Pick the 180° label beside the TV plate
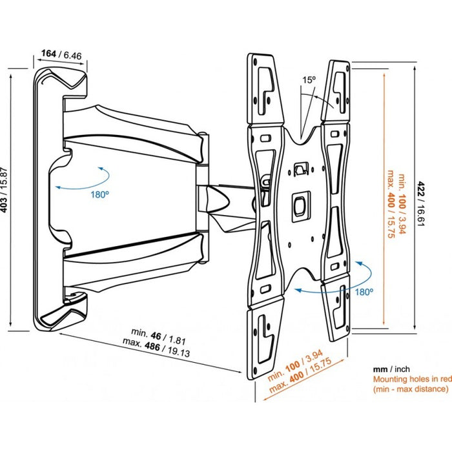pos(364,292)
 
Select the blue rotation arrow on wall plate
pos(81,178)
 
